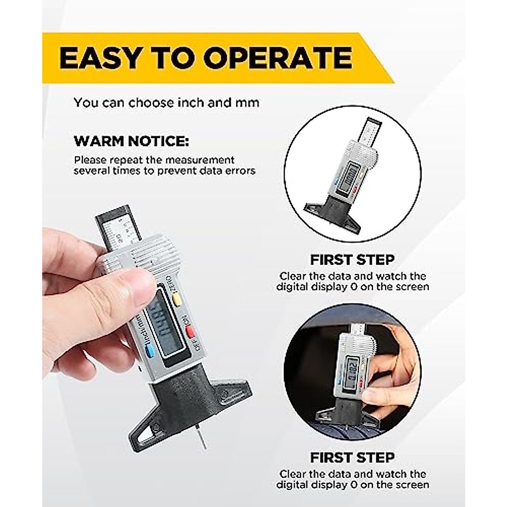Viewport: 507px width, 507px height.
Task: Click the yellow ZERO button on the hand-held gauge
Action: pyautogui.click(x=177, y=300)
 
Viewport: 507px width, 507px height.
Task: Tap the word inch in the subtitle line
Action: pyautogui.click(x=186, y=103)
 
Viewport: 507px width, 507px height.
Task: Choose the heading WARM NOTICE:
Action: pyautogui.click(x=132, y=142)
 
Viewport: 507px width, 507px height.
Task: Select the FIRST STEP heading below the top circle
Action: pyautogui.click(x=352, y=259)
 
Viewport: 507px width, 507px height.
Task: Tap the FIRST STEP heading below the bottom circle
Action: pyautogui.click(x=352, y=457)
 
